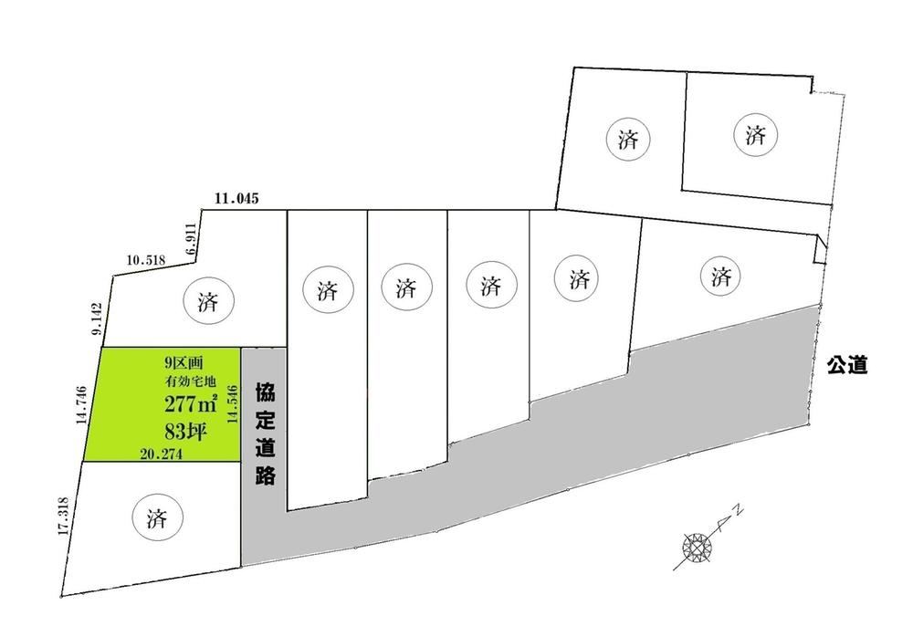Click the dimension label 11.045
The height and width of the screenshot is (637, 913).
(236, 199)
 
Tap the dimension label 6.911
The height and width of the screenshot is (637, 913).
(192, 239)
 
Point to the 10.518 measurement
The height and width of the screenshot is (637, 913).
(146, 260)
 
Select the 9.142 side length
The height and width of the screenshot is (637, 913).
(97, 318)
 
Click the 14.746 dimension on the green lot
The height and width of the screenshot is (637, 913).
(81, 405)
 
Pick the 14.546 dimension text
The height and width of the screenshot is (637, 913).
(233, 403)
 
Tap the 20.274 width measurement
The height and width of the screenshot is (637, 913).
(162, 454)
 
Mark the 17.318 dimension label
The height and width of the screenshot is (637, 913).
(64, 516)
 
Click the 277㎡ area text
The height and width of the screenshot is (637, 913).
(191, 403)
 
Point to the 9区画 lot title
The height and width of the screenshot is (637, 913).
(184, 363)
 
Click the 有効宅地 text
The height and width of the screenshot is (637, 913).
(190, 382)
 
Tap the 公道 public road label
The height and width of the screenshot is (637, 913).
(847, 366)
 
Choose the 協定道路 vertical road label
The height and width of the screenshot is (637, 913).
(265, 434)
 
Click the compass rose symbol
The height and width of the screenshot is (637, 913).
(697, 547)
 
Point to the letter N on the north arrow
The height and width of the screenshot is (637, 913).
(739, 512)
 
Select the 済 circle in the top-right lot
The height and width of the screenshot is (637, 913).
(756, 136)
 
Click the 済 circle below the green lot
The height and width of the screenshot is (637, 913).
(157, 517)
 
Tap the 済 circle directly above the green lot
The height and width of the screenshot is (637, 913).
(208, 301)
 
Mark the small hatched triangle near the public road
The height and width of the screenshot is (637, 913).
(821, 248)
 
